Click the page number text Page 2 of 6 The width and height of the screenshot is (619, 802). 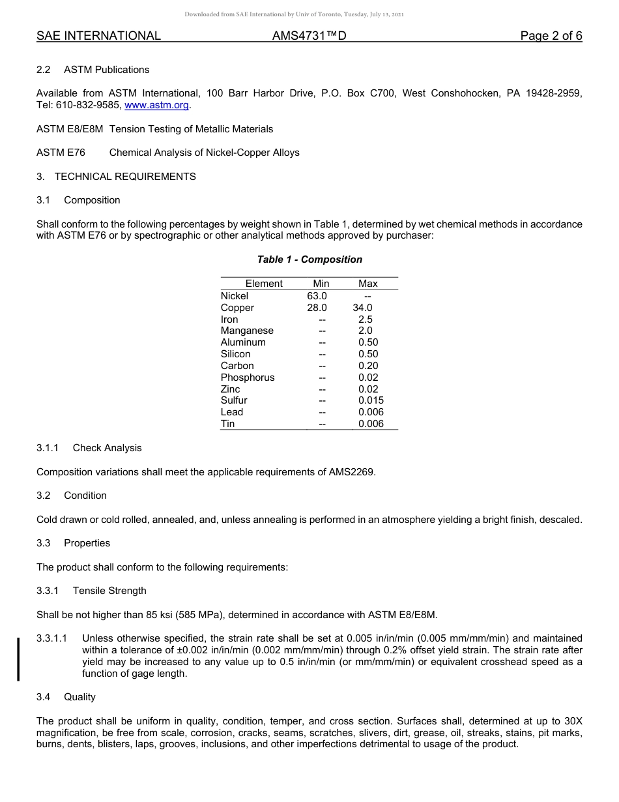(551, 36)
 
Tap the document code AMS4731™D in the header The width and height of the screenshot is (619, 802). (309, 36)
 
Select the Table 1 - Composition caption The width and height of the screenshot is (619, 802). (309, 260)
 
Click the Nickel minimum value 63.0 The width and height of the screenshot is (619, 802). (317, 296)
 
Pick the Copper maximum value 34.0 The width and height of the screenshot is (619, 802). (362, 308)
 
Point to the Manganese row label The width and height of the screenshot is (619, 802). (247, 331)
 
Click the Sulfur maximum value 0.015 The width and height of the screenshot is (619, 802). (371, 400)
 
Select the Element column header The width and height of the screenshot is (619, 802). (264, 284)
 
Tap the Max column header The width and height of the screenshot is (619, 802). (368, 284)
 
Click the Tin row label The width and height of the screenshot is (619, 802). (228, 424)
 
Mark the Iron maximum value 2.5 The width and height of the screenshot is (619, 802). (366, 319)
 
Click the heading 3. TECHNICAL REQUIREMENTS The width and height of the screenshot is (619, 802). (116, 177)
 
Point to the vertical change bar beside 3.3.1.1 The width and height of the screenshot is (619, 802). (18, 659)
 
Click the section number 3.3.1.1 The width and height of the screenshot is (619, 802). (52, 638)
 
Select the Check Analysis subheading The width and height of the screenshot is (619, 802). (107, 448)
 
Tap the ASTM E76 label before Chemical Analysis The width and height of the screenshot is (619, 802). (61, 153)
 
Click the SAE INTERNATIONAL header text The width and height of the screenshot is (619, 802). (98, 36)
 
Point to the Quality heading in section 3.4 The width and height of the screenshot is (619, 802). (79, 697)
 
